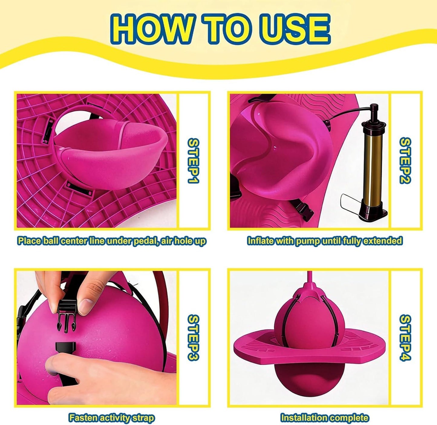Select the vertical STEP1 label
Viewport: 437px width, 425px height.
pyautogui.click(x=193, y=161)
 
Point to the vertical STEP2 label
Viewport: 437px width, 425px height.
pyautogui.click(x=406, y=161)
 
